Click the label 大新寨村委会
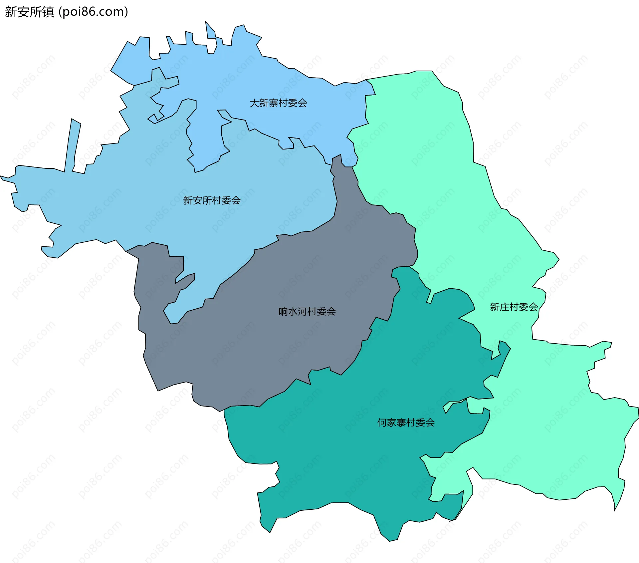pos(278,103)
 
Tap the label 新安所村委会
pos(212,200)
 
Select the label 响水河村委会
pos(307,312)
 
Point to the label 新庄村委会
pos(514,307)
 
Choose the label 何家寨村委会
pos(406,423)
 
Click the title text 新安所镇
pos(29,12)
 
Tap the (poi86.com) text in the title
pos(94,12)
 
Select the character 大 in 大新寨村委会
pos(254,103)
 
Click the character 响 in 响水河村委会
pos(283,312)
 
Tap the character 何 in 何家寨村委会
pos(382,423)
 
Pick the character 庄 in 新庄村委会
pos(504,307)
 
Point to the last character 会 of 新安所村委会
pos(236,200)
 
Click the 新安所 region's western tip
pos(3,178)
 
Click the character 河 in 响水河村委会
pos(303,312)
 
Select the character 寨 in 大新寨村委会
pos(274,103)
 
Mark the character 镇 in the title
pos(49,12)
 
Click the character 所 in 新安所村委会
pos(207,200)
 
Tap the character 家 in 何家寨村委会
pos(391,423)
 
